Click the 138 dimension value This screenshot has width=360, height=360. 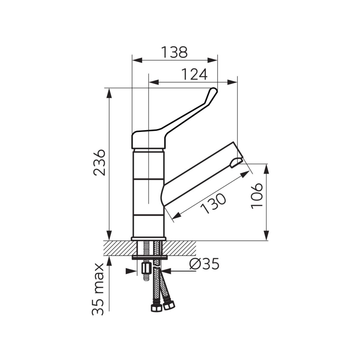[x=174, y=52]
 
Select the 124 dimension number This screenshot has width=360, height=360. [x=194, y=74]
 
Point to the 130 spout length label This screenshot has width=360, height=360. [x=213, y=203]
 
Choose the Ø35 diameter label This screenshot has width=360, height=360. [x=204, y=264]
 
